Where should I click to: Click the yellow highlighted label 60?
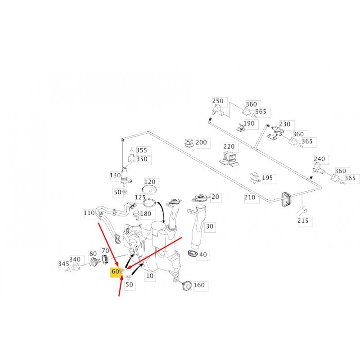115,272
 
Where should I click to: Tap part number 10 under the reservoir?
150,276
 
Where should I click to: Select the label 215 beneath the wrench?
303,220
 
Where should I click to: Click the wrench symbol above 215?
301,211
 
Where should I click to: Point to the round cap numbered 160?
187,286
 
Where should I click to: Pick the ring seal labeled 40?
193,253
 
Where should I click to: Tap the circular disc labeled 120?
149,190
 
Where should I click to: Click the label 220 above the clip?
229,146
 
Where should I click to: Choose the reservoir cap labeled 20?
200,198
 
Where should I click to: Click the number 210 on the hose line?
250,197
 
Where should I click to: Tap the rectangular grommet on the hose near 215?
286,200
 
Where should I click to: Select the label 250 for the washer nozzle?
218,101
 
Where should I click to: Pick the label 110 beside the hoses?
89,213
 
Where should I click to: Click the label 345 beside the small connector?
64,264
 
